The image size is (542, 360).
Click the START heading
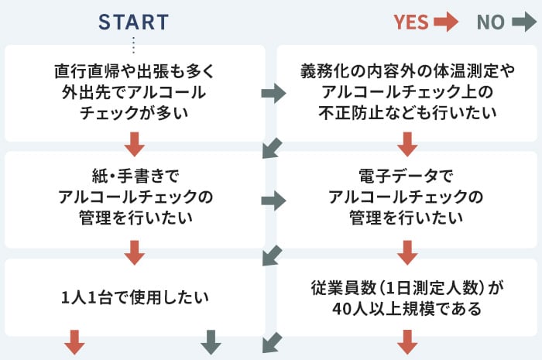(x=133, y=22)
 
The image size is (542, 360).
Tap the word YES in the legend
(x=411, y=22)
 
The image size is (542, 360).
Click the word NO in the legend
(x=491, y=22)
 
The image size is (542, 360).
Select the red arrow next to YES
(x=446, y=22)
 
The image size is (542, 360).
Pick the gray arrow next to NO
(x=524, y=22)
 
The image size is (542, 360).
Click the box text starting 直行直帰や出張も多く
(x=135, y=92)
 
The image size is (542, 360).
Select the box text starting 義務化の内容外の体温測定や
(x=407, y=92)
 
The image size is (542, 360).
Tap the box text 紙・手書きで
(x=135, y=176)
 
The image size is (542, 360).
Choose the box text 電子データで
(x=406, y=176)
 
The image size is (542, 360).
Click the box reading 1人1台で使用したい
(x=135, y=297)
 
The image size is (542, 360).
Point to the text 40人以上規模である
(x=406, y=309)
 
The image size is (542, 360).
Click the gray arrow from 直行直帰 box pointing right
(x=274, y=93)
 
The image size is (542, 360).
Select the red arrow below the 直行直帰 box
(x=135, y=144)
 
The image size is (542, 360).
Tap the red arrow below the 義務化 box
(x=407, y=144)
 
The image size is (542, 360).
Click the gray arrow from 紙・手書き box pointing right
(x=274, y=201)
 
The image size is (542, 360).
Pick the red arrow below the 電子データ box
(x=407, y=252)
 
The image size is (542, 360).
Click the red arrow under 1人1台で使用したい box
(x=74, y=342)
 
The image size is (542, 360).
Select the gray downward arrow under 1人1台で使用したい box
(x=211, y=342)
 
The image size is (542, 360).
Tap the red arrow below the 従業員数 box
(x=407, y=342)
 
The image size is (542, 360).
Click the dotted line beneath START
(x=133, y=45)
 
